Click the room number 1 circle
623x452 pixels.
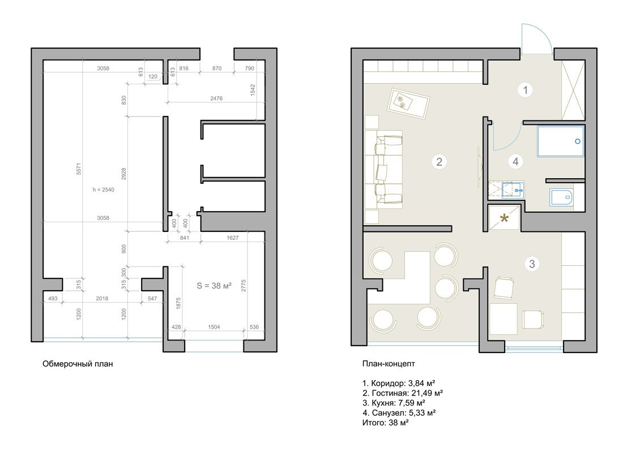pos(525,90)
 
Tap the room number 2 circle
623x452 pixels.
pos(439,162)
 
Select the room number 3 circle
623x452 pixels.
pos(532,264)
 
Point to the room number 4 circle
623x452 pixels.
pos(515,162)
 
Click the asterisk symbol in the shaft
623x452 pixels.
pos(504,218)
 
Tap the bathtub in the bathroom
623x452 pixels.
pos(561,141)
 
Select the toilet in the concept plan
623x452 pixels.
pos(561,197)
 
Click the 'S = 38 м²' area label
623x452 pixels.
pos(214,285)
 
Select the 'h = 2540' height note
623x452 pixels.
pos(103,190)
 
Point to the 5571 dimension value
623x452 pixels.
pos(79,169)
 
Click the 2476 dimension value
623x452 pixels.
pos(216,98)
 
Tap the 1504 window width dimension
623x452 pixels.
pos(214,327)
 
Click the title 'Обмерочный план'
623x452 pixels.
pos(78,364)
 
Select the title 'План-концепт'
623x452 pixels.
pos(389,364)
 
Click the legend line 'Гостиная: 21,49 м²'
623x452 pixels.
pos(403,393)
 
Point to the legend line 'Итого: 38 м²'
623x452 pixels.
pos(385,423)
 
